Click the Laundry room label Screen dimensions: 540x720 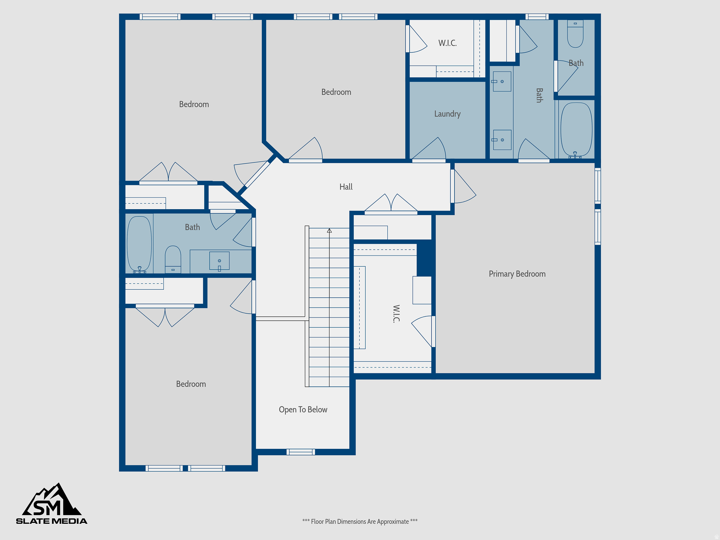(x=447, y=114)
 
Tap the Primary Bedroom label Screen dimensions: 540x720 (x=517, y=274)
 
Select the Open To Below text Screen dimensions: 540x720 (x=303, y=410)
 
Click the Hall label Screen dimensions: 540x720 (x=346, y=187)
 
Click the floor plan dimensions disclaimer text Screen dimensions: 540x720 (x=360, y=521)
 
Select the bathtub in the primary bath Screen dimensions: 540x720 (x=576, y=129)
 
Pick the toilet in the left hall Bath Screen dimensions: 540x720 (x=173, y=259)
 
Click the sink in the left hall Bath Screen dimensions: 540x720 (x=219, y=261)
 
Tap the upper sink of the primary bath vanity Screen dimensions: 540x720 (x=502, y=82)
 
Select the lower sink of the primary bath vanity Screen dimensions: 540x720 (x=502, y=140)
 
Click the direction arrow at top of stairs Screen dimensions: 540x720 (x=329, y=231)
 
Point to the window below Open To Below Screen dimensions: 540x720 (x=301, y=452)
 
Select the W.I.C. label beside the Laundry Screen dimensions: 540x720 (x=447, y=43)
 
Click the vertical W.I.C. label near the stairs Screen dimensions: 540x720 (x=396, y=314)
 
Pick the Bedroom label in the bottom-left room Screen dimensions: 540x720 (x=191, y=384)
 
